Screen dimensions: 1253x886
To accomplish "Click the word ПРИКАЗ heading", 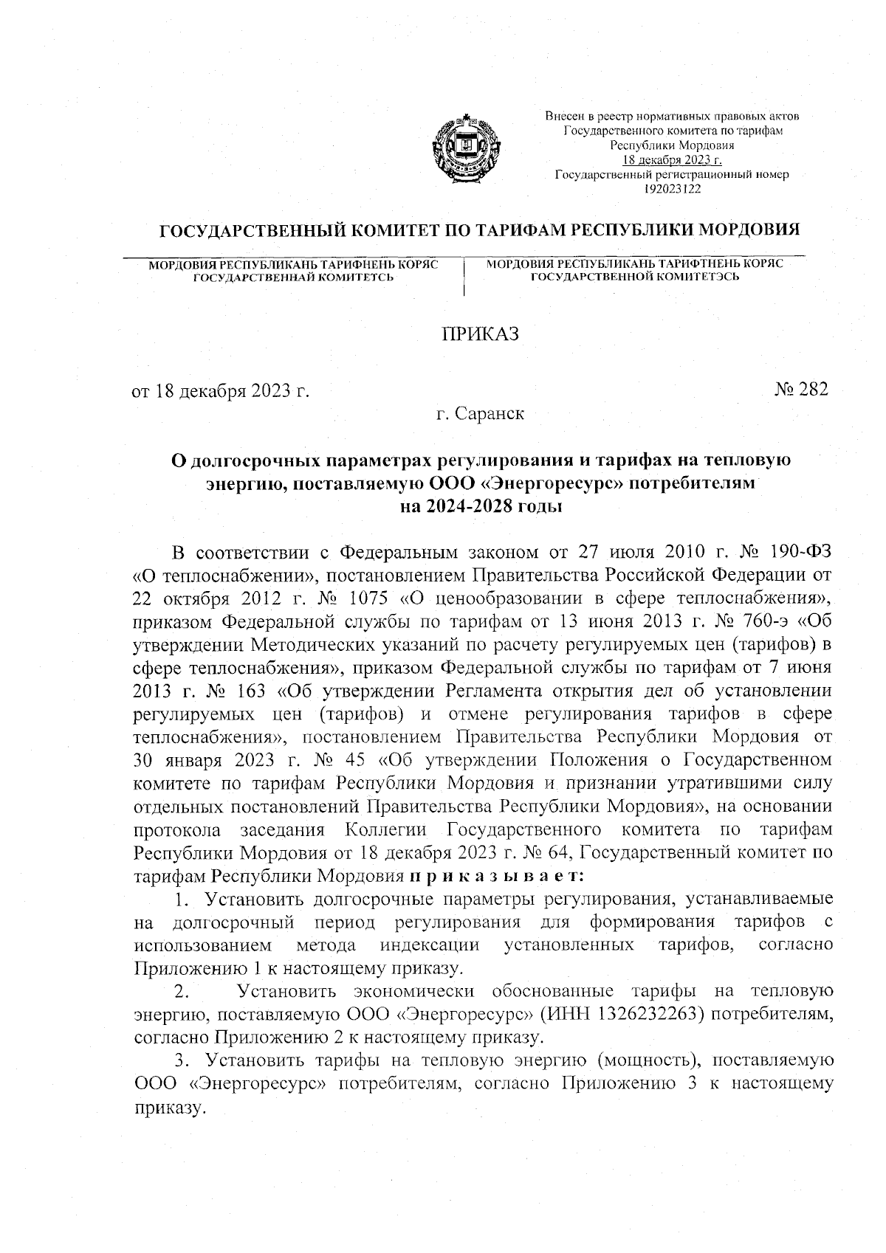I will tap(480, 334).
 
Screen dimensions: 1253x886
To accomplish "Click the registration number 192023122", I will tap(671, 189).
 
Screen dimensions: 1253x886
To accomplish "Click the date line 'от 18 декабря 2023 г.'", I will tap(220, 391).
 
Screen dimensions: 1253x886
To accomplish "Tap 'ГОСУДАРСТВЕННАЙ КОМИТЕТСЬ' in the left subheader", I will tap(293, 277).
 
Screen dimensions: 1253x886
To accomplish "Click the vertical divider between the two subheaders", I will tap(464, 277).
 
